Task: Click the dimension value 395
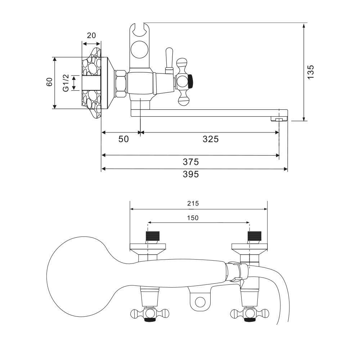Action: [x=191, y=175]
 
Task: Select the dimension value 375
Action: [x=191, y=162]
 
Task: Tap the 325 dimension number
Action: [x=211, y=139]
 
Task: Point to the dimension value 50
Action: [x=123, y=139]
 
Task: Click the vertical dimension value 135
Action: [x=311, y=72]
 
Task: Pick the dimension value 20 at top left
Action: [x=91, y=35]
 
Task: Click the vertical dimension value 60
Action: [x=49, y=82]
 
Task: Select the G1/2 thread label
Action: [x=66, y=82]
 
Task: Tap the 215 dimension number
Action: [x=193, y=203]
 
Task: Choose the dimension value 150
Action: [x=193, y=218]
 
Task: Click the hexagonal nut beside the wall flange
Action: [x=120, y=83]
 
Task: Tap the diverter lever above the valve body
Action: [x=167, y=59]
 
